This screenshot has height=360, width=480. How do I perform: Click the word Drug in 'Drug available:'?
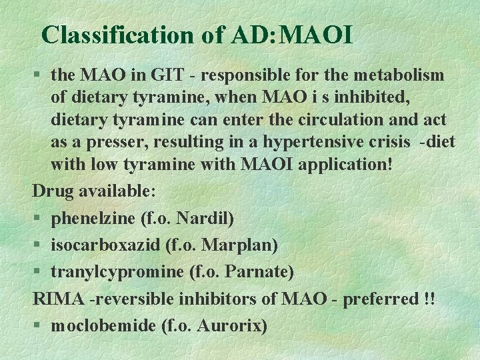pyautogui.click(x=53, y=191)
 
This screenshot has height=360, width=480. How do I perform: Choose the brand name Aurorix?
pyautogui.click(x=231, y=325)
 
